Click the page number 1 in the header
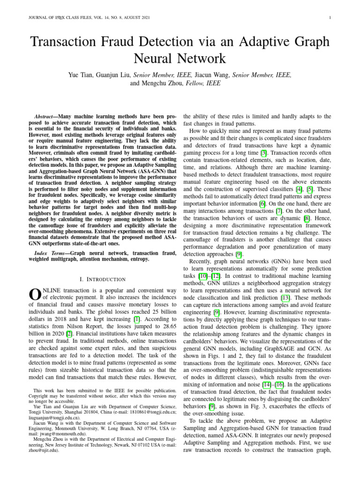(x=331, y=18)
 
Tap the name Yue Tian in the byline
(x=81, y=75)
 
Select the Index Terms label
(x=52, y=253)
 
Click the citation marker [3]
(x=264, y=153)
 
